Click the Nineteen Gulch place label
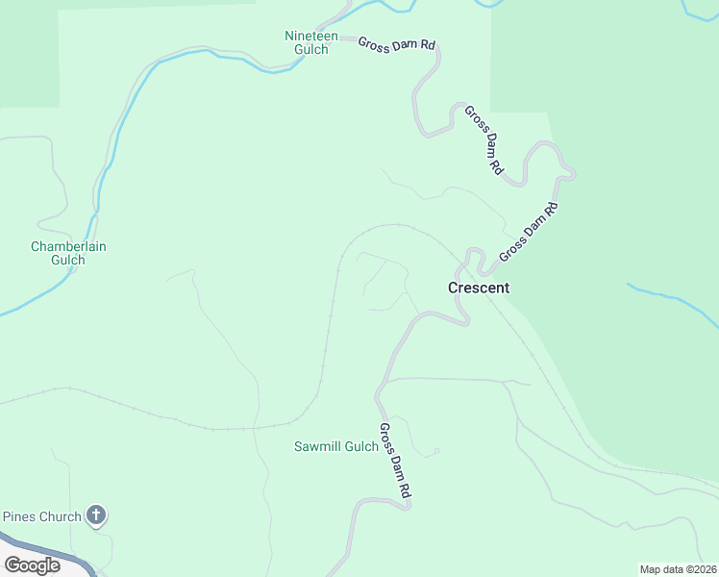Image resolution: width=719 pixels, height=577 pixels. [311, 42]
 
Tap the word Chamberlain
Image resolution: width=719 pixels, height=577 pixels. [68, 247]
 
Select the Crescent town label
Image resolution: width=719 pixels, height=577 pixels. [479, 288]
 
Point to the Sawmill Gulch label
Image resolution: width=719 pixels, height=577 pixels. [336, 446]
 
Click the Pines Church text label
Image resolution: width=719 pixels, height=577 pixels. [41, 516]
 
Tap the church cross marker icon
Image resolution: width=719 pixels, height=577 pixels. [95, 516]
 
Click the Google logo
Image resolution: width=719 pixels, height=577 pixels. [32, 565]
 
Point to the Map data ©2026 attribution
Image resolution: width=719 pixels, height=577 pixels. [678, 569]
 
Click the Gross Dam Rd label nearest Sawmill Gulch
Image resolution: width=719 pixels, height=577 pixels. [395, 461]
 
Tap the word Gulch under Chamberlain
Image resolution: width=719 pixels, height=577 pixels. [68, 260]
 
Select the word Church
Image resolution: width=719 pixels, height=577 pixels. [60, 516]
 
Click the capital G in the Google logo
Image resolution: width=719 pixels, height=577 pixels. [12, 565]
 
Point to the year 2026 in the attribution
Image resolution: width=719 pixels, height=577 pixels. [703, 569]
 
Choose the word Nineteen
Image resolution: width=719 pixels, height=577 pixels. [311, 37]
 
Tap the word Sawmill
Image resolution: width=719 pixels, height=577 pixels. [316, 446]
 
